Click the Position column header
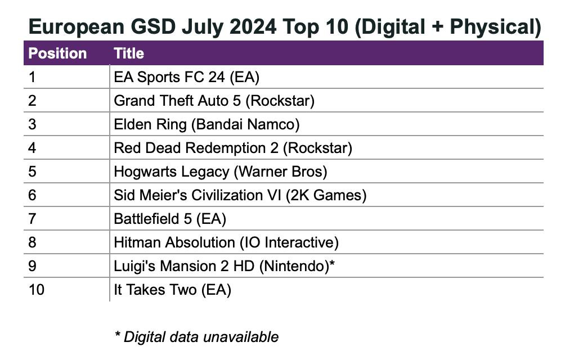57,53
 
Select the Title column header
129,53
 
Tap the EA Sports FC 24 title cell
186,77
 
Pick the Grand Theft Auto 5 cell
214,101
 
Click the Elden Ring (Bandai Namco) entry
207,124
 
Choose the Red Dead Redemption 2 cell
232,148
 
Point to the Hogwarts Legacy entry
220,172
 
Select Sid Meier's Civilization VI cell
240,195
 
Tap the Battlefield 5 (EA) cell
170,219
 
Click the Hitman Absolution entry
226,242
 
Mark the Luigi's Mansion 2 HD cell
224,266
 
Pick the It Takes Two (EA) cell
172,290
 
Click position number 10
37,290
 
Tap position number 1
32,77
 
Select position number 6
32,195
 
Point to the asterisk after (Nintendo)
332,264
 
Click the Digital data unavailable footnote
196,337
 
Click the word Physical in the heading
490,26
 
